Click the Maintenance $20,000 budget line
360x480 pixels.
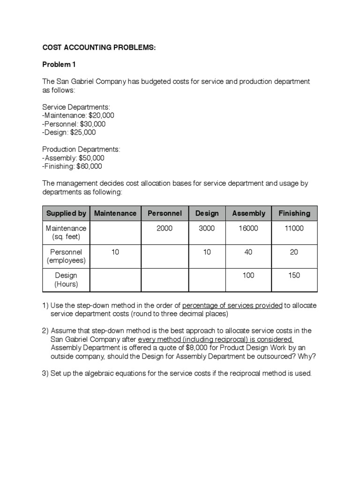(x=78, y=115)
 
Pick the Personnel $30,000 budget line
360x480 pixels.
(x=74, y=124)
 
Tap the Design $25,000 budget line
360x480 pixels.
(x=69, y=132)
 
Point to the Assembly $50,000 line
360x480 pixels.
(x=74, y=157)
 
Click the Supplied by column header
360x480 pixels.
(x=66, y=213)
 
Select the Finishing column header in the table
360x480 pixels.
(x=294, y=213)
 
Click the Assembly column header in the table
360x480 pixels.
(x=248, y=213)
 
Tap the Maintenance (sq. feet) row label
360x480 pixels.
(x=66, y=232)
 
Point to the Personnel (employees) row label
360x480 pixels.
(x=66, y=256)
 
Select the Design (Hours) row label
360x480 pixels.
(x=66, y=279)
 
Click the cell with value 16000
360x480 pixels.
(x=248, y=228)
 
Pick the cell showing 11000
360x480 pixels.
(x=294, y=228)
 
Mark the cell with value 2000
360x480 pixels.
(x=165, y=228)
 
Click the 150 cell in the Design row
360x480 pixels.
(x=294, y=275)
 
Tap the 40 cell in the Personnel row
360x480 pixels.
(x=248, y=252)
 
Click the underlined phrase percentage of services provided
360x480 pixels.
(x=232, y=305)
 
